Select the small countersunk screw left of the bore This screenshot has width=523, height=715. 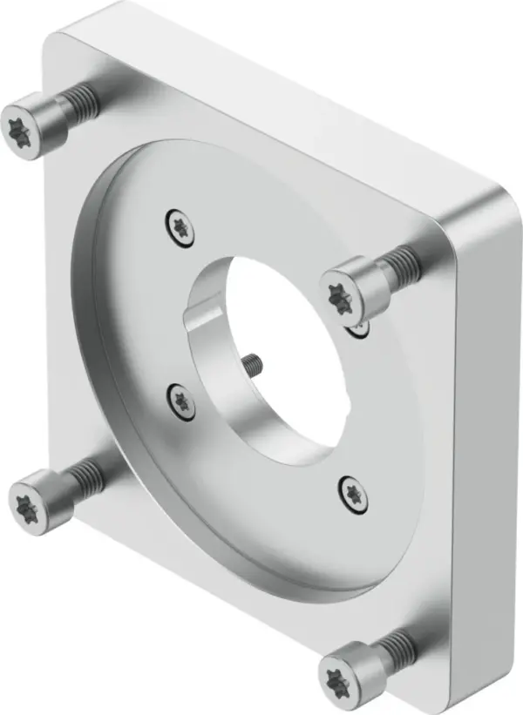point(180,400)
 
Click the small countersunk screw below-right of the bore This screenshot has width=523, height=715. point(352,493)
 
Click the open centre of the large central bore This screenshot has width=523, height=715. point(288,348)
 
